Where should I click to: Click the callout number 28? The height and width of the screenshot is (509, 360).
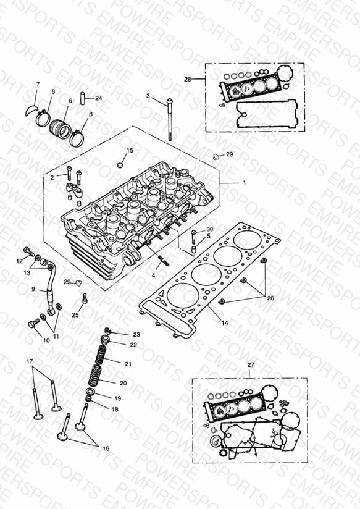188,79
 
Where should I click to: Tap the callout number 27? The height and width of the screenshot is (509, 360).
251,365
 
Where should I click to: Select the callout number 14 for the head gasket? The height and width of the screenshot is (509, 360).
225,322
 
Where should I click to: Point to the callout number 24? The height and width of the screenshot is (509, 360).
98,98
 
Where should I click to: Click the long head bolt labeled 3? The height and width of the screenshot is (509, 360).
169,120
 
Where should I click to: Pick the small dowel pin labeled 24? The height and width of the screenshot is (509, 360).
83,98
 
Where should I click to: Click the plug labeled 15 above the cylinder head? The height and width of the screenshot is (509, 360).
121,164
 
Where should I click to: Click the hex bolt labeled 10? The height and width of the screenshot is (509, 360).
33,323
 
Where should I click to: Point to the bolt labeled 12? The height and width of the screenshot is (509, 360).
29,251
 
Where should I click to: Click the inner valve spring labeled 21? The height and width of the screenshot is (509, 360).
101,355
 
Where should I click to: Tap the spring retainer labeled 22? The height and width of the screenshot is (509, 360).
106,340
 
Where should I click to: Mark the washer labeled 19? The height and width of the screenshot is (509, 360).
91,391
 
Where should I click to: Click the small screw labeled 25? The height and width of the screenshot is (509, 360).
85,298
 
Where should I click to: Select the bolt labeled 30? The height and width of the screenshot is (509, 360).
194,238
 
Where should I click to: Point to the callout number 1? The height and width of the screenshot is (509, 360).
245,183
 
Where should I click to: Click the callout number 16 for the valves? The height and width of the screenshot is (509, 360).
106,448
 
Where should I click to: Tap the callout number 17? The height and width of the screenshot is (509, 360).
30,361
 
